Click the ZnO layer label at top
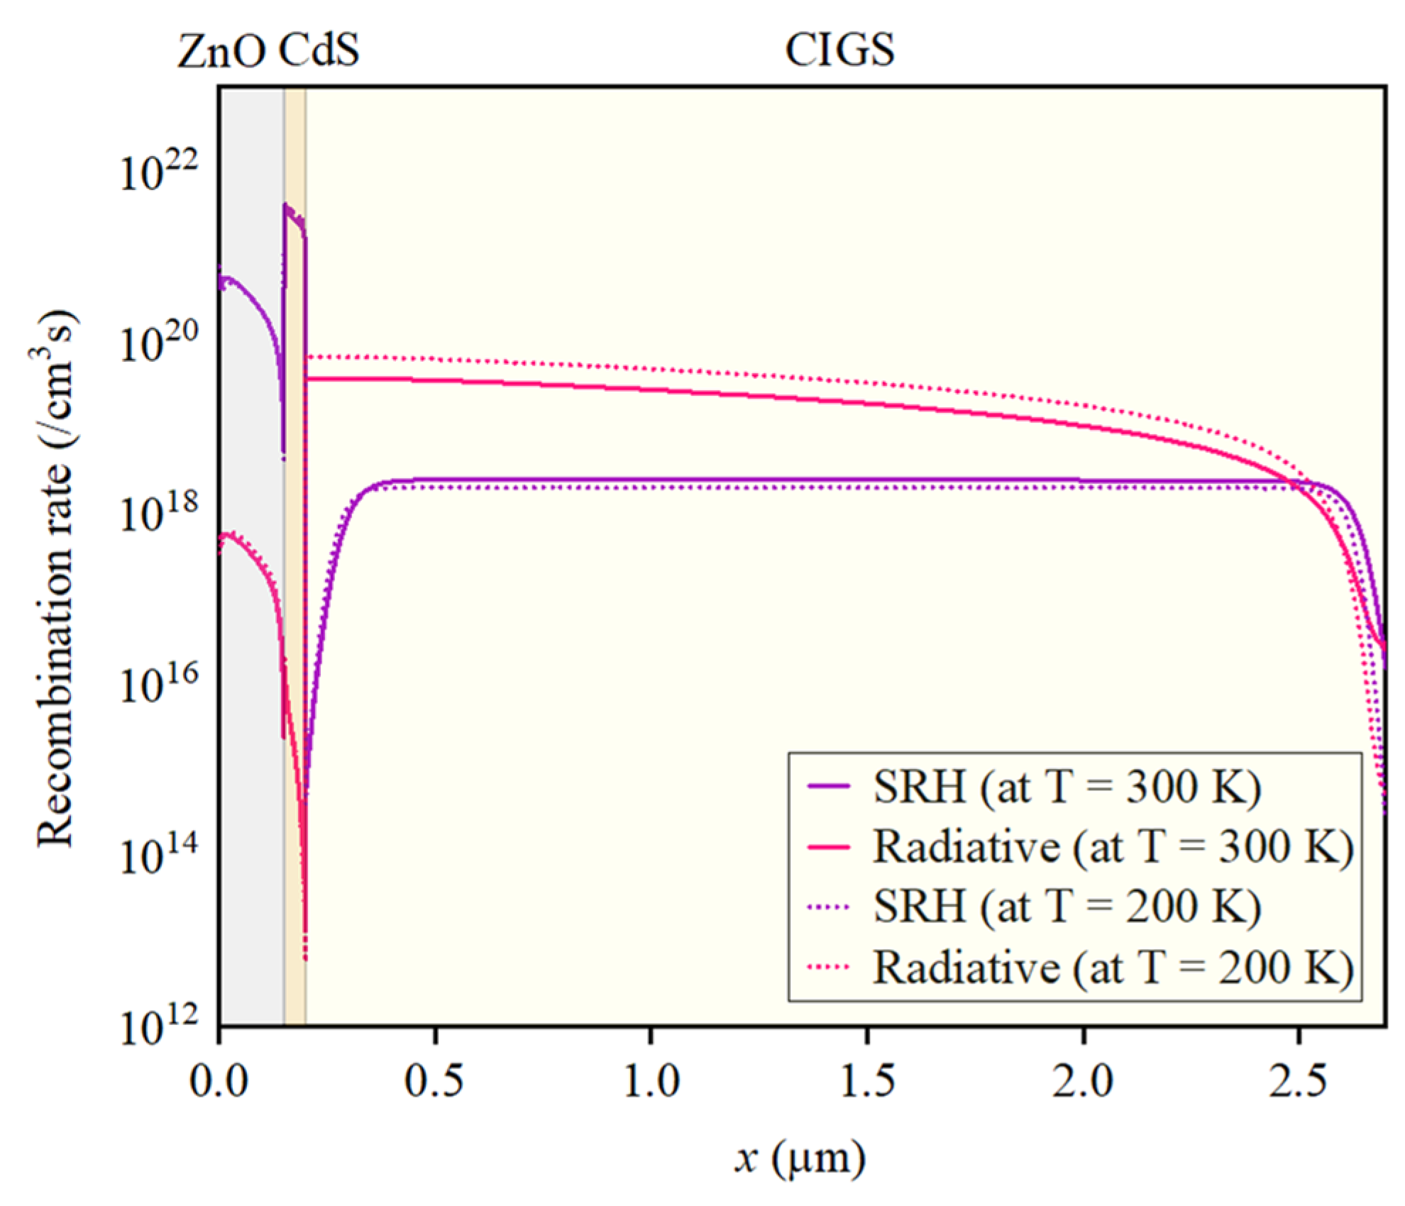point(220,51)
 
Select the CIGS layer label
point(839,51)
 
